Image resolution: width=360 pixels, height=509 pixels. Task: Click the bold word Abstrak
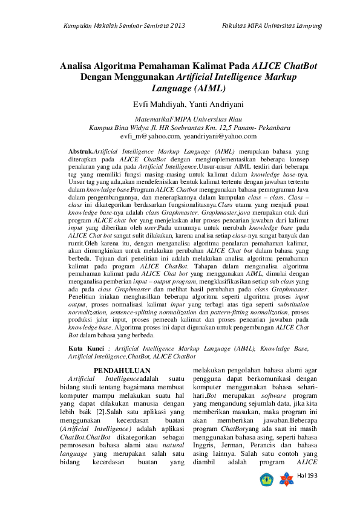click(80, 149)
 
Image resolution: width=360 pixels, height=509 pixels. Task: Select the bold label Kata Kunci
click(85, 348)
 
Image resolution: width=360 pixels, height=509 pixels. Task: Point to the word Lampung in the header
click(307, 25)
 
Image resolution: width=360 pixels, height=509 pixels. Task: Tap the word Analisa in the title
click(80, 65)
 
